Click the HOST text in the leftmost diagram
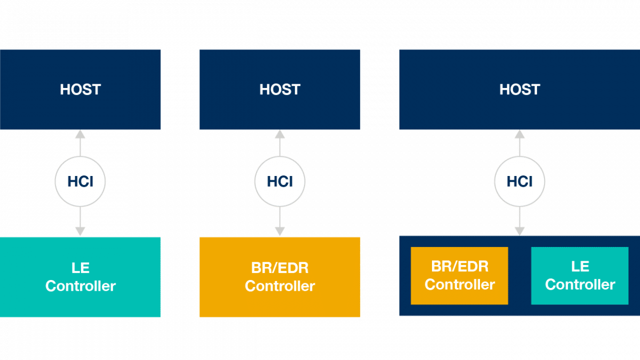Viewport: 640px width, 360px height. tap(80, 89)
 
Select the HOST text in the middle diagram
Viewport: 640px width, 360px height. tap(280, 89)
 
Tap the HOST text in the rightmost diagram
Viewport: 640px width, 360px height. tap(519, 89)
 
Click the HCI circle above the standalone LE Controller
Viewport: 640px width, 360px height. tap(80, 182)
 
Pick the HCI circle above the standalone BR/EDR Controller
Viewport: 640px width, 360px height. tap(280, 182)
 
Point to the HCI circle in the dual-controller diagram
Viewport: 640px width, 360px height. tap(519, 182)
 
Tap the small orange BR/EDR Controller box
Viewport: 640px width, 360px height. tap(460, 276)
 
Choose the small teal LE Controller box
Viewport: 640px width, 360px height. tap(580, 276)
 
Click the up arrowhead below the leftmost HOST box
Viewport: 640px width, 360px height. tap(80, 134)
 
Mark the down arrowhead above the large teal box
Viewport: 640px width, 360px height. tap(80, 231)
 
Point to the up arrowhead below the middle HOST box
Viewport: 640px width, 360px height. tap(280, 134)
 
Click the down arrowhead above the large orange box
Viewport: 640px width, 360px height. tap(280, 231)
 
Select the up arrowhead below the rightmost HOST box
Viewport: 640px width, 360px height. tap(519, 134)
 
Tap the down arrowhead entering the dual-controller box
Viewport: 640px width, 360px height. tap(519, 231)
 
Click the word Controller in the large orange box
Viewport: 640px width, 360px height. tap(280, 286)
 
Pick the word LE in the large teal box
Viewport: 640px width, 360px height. tap(80, 268)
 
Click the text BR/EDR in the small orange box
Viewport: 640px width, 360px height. tap(460, 266)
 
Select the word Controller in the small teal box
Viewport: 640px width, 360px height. tap(580, 284)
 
